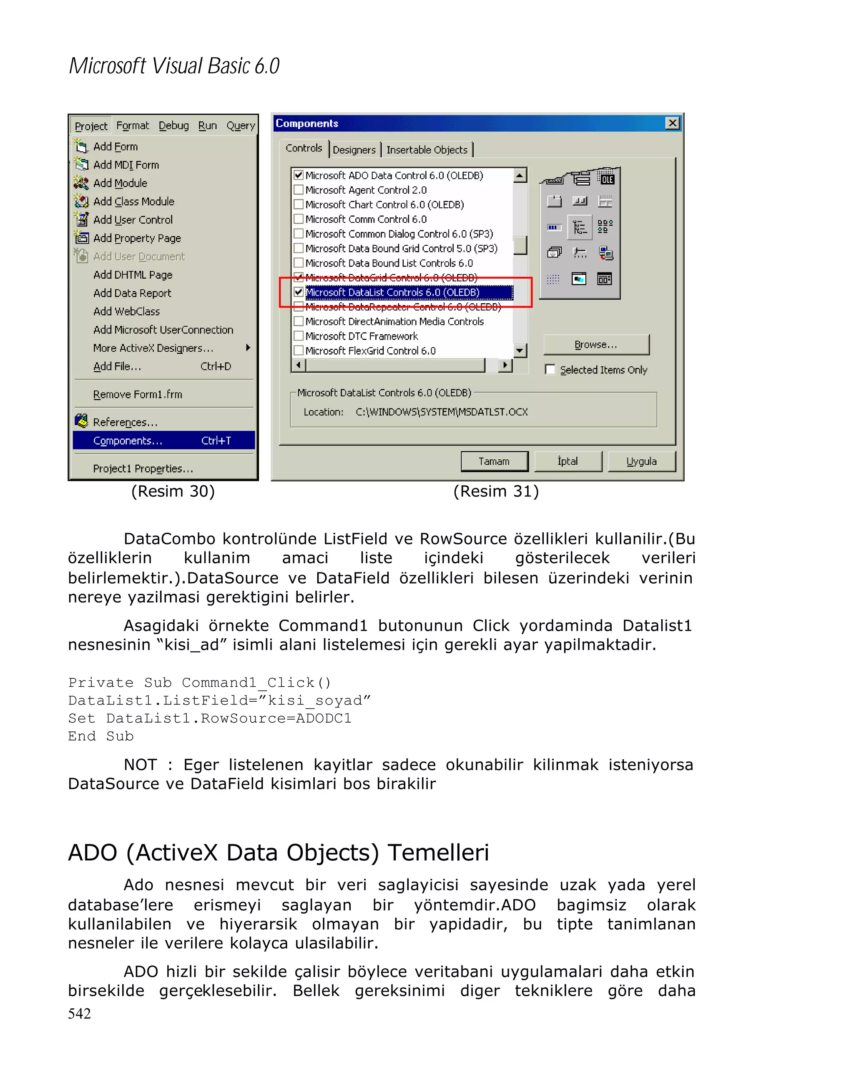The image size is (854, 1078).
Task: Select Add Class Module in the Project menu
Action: point(133,201)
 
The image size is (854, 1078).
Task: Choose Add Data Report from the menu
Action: point(132,293)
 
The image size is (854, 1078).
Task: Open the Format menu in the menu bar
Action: point(133,126)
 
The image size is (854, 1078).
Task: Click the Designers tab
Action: point(354,149)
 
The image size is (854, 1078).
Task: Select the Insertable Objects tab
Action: point(427,149)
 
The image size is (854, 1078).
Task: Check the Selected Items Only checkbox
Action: point(550,370)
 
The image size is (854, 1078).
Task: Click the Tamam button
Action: point(494,461)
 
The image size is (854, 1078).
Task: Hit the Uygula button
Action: point(641,461)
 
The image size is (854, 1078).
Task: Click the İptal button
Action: point(568,461)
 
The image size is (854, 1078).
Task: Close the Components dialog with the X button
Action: point(673,123)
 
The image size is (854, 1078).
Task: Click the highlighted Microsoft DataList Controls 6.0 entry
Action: point(392,292)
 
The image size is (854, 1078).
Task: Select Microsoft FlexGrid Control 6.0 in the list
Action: point(370,350)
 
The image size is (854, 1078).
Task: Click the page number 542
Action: point(80,1013)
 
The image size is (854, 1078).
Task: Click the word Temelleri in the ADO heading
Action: point(438,852)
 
